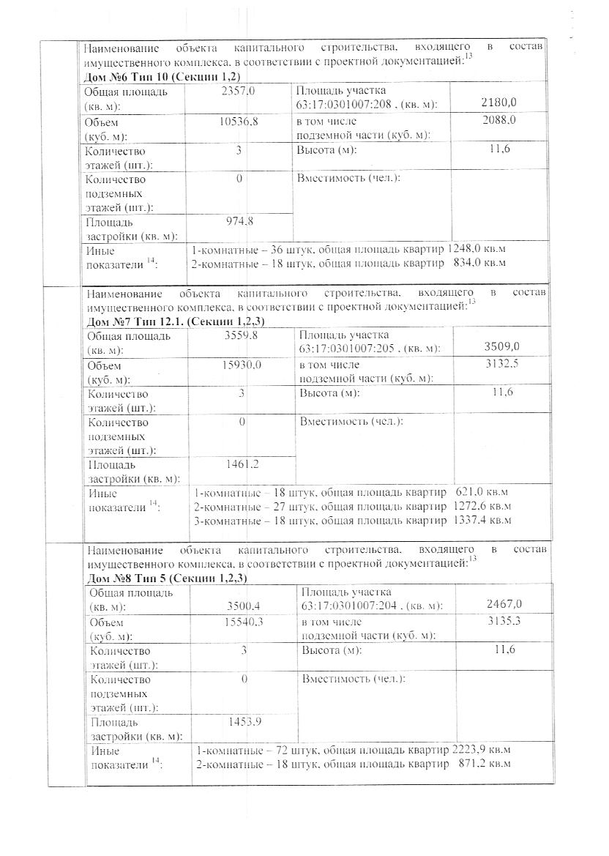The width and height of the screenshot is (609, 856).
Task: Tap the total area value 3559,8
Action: tap(242, 336)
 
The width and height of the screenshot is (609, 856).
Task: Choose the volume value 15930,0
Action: tap(242, 365)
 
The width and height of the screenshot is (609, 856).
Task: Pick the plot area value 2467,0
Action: tap(504, 604)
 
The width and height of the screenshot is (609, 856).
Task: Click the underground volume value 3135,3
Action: tap(503, 622)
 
